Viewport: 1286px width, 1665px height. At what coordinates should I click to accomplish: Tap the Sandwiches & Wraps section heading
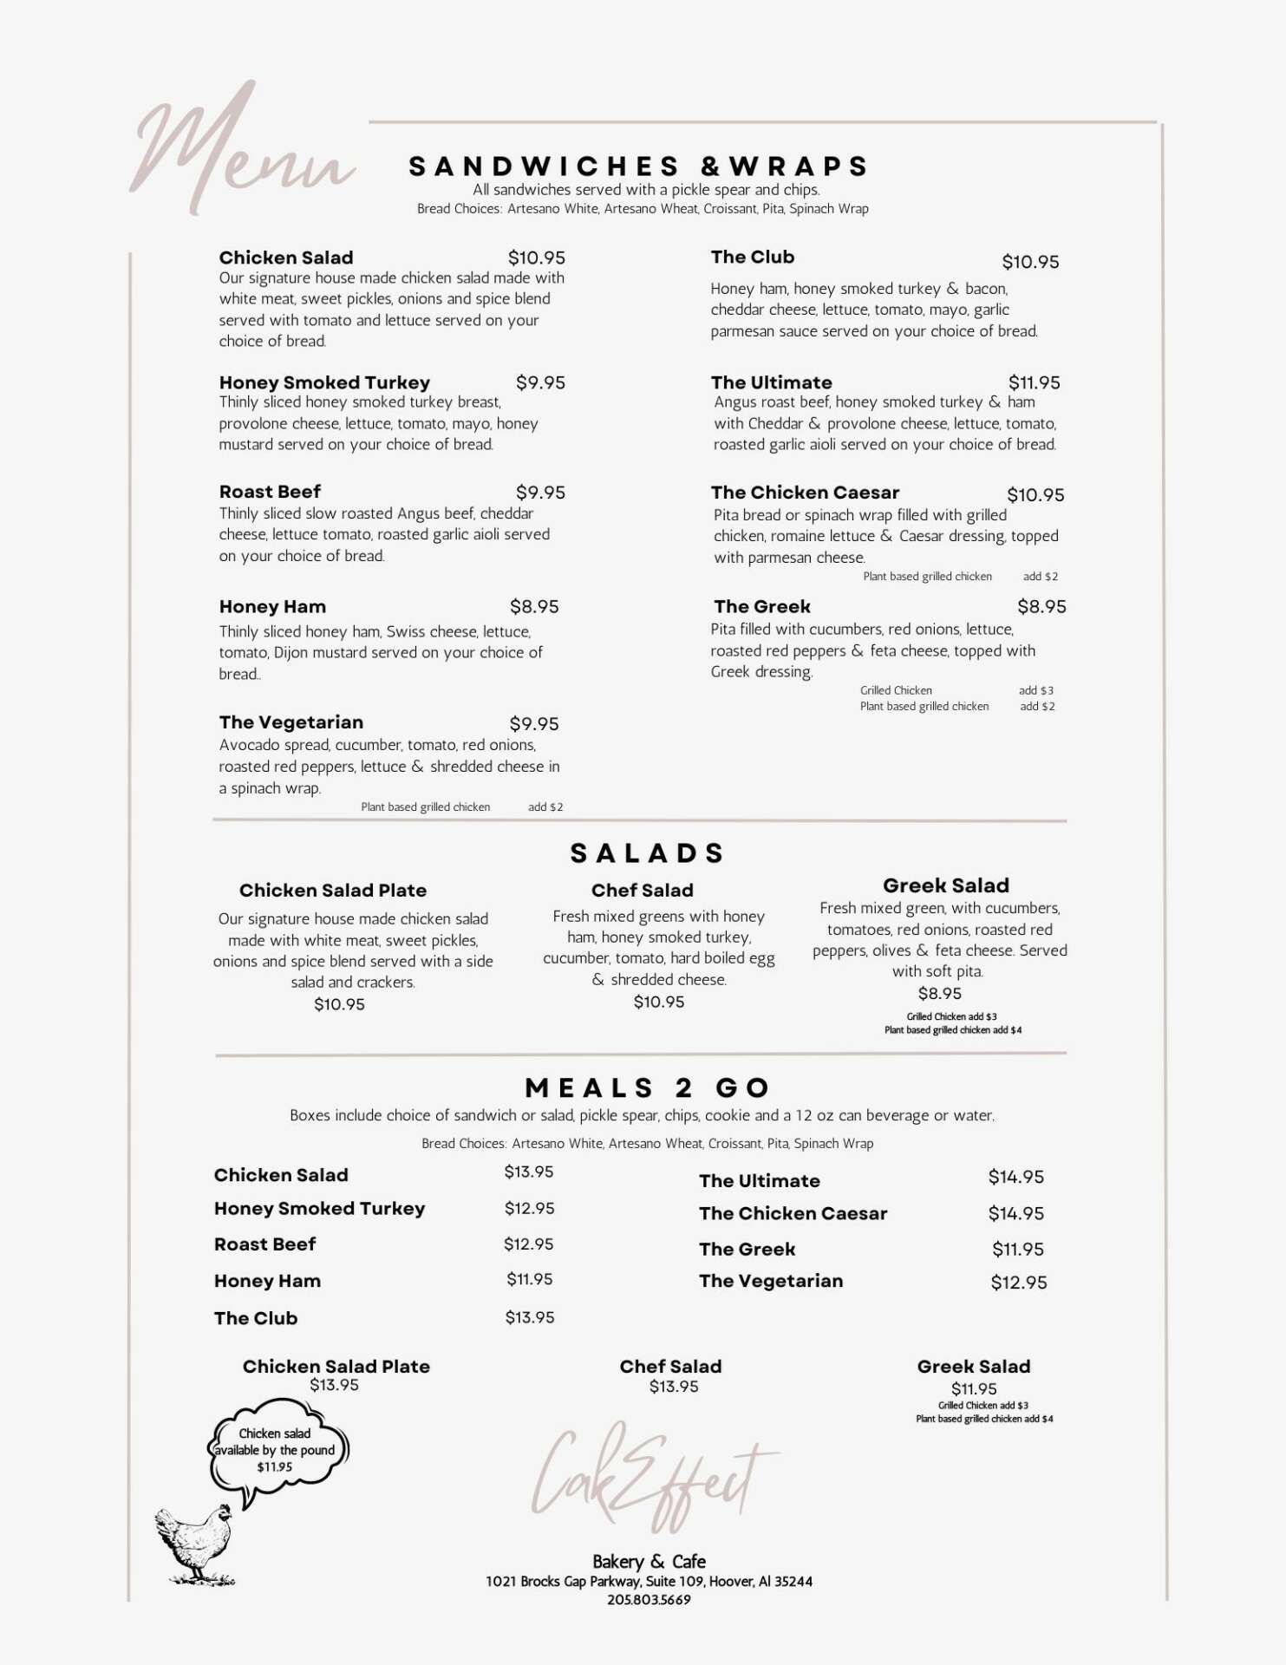(x=638, y=166)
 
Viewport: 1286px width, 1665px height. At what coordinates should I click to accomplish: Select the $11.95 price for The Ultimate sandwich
(x=1034, y=382)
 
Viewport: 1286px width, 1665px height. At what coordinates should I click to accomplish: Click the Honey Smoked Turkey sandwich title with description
(x=379, y=414)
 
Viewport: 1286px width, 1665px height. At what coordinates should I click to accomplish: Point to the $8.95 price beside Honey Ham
(x=534, y=607)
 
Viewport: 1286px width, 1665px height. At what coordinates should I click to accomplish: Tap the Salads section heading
(x=647, y=853)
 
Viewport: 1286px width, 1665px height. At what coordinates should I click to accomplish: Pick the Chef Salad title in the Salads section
(x=643, y=891)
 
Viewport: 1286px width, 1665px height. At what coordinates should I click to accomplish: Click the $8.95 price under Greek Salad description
(x=940, y=994)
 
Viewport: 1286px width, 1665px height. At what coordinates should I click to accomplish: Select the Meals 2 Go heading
(x=647, y=1088)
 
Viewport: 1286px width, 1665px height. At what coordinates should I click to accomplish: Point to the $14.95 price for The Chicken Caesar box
(x=1016, y=1213)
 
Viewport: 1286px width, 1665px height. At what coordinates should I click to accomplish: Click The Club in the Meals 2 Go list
(x=256, y=1318)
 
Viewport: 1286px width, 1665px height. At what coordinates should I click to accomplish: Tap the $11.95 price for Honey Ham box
(x=530, y=1279)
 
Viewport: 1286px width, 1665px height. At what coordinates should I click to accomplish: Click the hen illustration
(x=195, y=1544)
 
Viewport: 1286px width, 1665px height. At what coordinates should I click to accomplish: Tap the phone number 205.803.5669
(x=649, y=1600)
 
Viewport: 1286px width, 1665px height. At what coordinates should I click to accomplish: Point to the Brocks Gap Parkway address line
(x=649, y=1582)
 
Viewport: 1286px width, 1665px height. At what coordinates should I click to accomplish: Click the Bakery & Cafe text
(x=649, y=1562)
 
